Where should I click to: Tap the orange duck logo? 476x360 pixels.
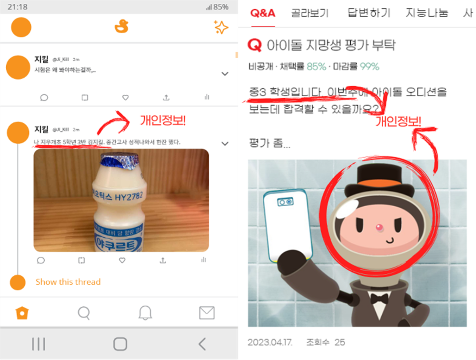click(x=122, y=27)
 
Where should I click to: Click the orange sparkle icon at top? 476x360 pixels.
click(x=221, y=28)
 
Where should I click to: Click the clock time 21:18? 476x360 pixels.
click(x=17, y=7)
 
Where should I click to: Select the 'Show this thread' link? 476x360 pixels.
click(x=68, y=282)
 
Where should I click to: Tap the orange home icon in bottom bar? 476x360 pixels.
click(x=21, y=313)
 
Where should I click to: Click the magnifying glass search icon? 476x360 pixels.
click(x=84, y=313)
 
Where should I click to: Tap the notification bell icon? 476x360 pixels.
click(x=145, y=313)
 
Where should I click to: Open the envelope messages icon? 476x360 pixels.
click(x=207, y=313)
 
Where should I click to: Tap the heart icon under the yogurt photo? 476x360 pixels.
click(x=122, y=260)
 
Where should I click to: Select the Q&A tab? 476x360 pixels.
click(x=263, y=13)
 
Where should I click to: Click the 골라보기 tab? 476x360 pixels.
click(x=310, y=13)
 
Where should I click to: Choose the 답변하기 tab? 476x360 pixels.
click(x=369, y=13)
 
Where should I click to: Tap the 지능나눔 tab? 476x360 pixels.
click(x=427, y=13)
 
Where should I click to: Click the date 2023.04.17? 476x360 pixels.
click(x=270, y=342)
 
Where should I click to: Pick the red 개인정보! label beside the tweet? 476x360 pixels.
click(x=162, y=120)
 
